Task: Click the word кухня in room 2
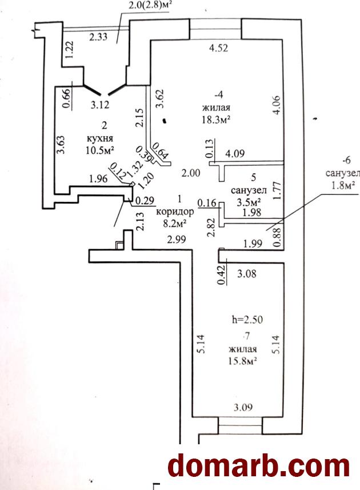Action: click(100, 138)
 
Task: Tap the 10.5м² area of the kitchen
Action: click(99, 150)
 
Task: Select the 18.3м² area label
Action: click(217, 119)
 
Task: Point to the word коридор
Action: click(175, 212)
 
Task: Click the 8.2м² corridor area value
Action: click(175, 224)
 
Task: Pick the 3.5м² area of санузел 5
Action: click(249, 202)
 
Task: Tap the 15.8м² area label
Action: click(243, 361)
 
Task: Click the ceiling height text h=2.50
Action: click(247, 320)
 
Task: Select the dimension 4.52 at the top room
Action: click(218, 48)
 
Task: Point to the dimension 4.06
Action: click(277, 106)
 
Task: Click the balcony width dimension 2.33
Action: click(98, 37)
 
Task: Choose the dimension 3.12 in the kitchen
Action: click(100, 105)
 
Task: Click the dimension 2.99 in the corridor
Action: click(177, 240)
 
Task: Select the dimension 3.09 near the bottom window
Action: click(243, 407)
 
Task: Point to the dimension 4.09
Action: click(235, 153)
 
